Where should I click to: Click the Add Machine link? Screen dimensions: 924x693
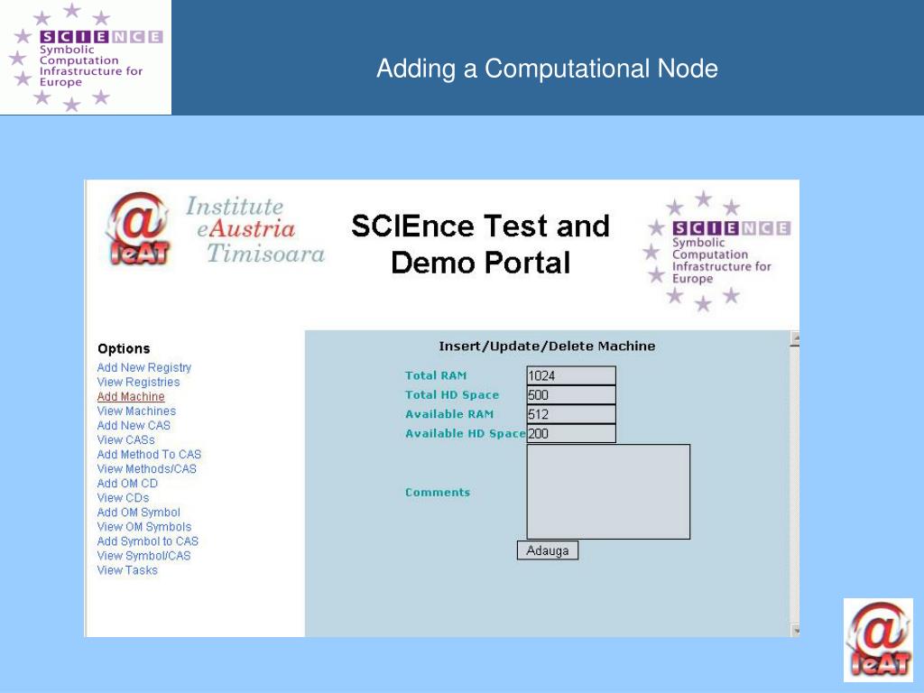tap(131, 397)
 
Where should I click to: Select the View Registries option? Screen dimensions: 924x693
tap(138, 383)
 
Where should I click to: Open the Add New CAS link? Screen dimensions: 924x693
tap(134, 426)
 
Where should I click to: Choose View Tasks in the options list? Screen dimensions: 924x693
tap(127, 570)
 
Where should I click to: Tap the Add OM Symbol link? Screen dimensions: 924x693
tap(138, 513)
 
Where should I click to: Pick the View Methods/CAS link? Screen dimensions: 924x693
tap(146, 469)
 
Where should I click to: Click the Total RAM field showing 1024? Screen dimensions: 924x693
tap(570, 376)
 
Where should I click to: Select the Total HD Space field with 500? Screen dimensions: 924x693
tap(570, 395)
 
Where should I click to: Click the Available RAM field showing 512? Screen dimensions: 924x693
tap(570, 415)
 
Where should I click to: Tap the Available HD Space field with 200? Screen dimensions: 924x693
tap(570, 434)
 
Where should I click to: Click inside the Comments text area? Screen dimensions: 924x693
tap(608, 492)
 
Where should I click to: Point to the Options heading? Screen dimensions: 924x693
tap(124, 349)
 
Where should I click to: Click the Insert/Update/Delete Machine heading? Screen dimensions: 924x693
tap(547, 346)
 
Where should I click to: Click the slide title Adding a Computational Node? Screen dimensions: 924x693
tap(547, 69)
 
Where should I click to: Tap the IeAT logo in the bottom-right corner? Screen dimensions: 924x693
tap(878, 639)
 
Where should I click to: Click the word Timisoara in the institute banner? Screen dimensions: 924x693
tap(265, 254)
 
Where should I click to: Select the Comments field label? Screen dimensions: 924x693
tap(438, 493)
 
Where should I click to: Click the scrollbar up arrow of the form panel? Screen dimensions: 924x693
tap(795, 340)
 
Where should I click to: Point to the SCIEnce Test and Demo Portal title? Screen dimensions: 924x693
tap(480, 244)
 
